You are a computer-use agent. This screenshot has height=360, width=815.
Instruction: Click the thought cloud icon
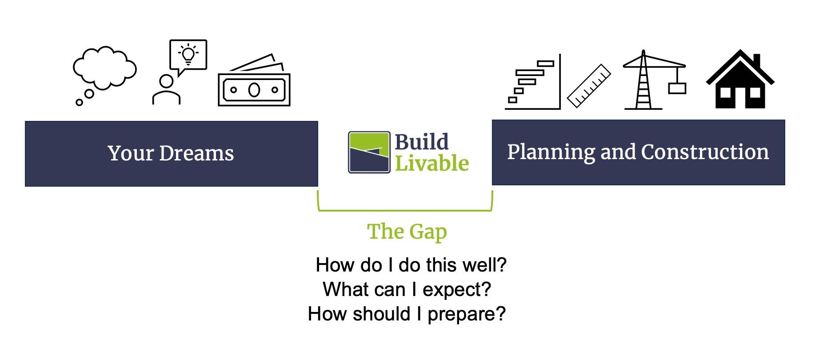point(104,69)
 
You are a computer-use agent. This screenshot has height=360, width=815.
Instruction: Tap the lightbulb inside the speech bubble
point(188,54)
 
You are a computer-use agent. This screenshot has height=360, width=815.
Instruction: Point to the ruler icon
point(589,86)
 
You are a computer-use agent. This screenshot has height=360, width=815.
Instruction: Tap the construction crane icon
point(654,80)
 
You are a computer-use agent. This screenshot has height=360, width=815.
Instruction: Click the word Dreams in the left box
point(196,153)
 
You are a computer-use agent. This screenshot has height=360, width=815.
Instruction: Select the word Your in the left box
point(131,153)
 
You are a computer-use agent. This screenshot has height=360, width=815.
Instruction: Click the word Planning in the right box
point(551,152)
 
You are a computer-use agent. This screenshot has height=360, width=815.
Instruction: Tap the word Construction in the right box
point(705,152)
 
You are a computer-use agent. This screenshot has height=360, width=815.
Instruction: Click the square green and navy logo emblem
point(369,152)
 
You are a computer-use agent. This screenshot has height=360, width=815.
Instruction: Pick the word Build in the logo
point(422,142)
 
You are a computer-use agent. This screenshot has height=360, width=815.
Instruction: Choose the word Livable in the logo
point(432,163)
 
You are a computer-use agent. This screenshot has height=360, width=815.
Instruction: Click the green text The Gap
point(407,232)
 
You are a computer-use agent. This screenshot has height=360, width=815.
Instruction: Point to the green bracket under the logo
point(405,210)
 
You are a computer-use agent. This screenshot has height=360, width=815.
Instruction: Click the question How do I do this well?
point(411,265)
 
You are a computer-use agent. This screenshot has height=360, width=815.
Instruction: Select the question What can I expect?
point(407,289)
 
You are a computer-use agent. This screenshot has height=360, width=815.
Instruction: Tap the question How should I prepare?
point(407,314)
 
